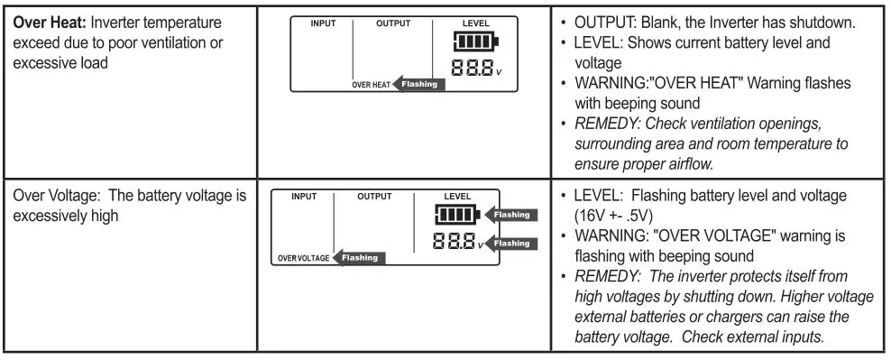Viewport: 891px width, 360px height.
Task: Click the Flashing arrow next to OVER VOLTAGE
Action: (360, 258)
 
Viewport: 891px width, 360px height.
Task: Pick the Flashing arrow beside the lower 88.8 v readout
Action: (511, 243)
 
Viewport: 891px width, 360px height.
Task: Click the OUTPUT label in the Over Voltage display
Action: (374, 196)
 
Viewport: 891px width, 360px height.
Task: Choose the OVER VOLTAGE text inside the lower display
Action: (303, 258)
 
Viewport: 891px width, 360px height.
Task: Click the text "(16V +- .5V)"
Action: (617, 217)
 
